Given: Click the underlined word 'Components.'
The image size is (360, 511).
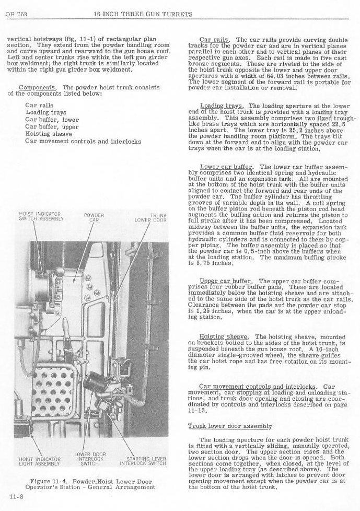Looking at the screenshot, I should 38,87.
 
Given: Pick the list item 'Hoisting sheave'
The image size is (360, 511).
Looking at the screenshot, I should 48,134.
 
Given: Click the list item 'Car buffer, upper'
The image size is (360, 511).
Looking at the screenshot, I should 52,126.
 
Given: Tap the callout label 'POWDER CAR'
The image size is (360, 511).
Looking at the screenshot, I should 94,217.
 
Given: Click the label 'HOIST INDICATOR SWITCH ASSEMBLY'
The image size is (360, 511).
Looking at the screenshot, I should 41,216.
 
